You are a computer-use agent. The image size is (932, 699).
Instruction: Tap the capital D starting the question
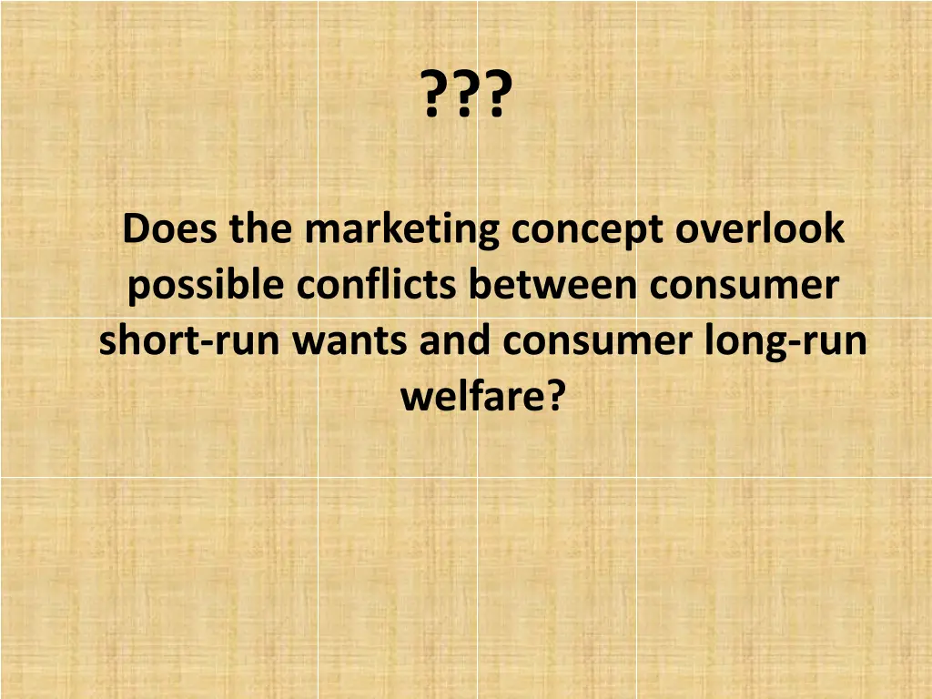pyautogui.click(x=136, y=229)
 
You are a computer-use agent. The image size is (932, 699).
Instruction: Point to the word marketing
pyautogui.click(x=401, y=231)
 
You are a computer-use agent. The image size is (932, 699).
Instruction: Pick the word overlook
pyautogui.click(x=760, y=229)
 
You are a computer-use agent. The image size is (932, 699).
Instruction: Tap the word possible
pyautogui.click(x=207, y=287)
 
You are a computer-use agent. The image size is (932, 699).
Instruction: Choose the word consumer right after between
pyautogui.click(x=744, y=288)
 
